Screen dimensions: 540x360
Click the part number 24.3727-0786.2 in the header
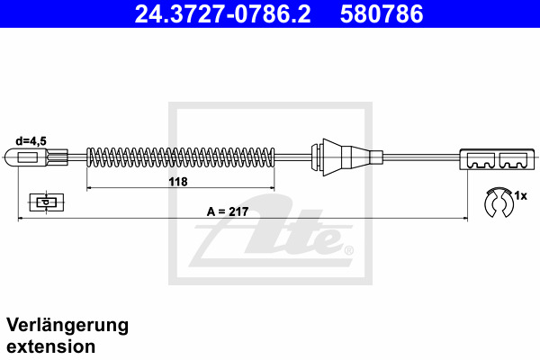(x=222, y=14)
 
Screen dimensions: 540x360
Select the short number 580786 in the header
(x=382, y=14)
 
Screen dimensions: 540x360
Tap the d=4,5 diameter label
(x=31, y=141)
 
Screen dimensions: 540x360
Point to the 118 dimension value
(x=178, y=182)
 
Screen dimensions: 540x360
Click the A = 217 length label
(x=228, y=211)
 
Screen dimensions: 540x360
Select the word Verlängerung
(x=67, y=326)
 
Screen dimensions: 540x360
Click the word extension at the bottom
(x=51, y=346)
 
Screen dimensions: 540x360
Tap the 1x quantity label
(x=520, y=196)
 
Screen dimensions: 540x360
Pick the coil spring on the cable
(x=181, y=157)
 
